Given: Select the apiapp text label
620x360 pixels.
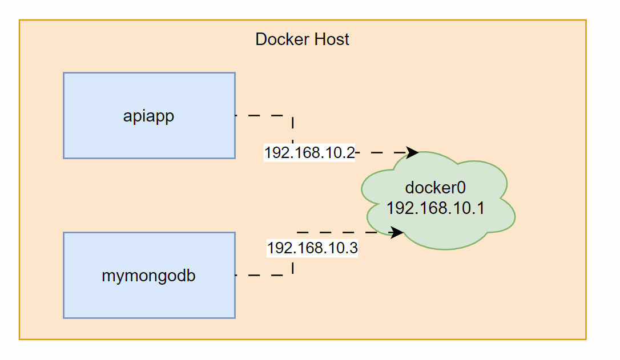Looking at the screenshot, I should click(148, 116).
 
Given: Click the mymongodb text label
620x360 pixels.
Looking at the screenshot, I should click(148, 276).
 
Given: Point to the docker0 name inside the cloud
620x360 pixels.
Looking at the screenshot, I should click(436, 188).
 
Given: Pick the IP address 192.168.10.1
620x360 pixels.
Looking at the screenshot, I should click(436, 208).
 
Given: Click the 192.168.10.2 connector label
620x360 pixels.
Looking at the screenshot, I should click(309, 153).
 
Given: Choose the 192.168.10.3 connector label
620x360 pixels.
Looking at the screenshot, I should click(312, 248).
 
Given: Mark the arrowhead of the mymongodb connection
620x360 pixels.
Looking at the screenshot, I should click(397, 232).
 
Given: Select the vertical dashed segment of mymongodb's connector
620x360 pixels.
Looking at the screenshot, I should click(293, 267).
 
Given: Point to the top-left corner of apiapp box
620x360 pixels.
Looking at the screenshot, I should click(63, 73).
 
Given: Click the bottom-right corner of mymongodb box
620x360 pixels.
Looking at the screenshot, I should click(235, 318).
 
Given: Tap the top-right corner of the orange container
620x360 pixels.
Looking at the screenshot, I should click(586, 21).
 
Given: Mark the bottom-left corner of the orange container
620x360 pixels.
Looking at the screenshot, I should click(19, 339).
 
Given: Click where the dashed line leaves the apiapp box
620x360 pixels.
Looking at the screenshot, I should click(235, 115).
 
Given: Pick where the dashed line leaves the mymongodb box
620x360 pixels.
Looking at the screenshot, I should click(235, 276).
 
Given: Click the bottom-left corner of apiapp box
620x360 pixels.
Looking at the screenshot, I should click(63, 158).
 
